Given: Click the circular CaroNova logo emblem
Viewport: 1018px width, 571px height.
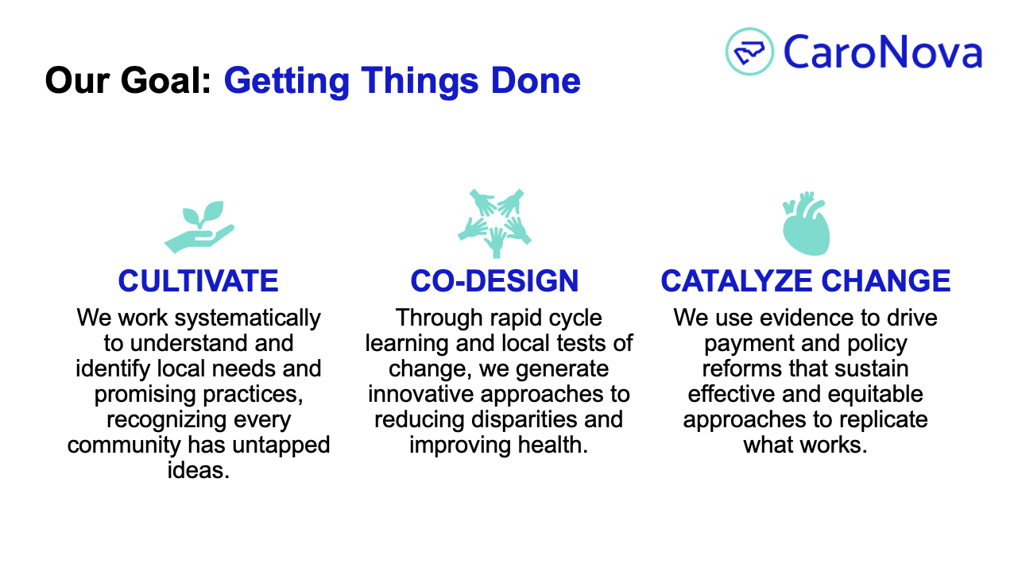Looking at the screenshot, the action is pyautogui.click(x=749, y=52).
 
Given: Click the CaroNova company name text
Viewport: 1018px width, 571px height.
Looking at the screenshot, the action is pyautogui.click(x=883, y=52).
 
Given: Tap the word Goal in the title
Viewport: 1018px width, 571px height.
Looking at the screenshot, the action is pyautogui.click(x=166, y=80).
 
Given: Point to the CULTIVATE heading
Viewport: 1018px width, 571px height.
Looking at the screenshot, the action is pyautogui.click(x=198, y=280).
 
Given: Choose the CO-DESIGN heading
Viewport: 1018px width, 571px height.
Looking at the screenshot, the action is pyautogui.click(x=494, y=280).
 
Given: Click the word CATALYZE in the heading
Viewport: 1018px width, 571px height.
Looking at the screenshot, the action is pyautogui.click(x=736, y=280).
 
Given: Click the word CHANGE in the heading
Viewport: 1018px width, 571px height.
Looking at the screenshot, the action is pyautogui.click(x=886, y=280).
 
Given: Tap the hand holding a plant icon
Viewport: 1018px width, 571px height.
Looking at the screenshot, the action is pyautogui.click(x=199, y=226).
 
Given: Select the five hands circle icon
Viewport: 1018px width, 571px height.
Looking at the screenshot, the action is pyautogui.click(x=495, y=223).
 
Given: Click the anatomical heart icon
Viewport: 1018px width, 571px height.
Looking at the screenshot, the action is pyautogui.click(x=806, y=223).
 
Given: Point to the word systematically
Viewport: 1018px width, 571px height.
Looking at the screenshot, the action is pyautogui.click(x=248, y=318).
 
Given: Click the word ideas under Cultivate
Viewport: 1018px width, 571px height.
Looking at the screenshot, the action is pyautogui.click(x=198, y=470).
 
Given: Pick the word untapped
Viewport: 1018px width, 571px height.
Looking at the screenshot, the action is pyautogui.click(x=281, y=446).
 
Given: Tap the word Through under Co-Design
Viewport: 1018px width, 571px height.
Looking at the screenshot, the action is pyautogui.click(x=437, y=318).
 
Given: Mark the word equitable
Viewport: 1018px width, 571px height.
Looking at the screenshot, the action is pyautogui.click(x=875, y=395).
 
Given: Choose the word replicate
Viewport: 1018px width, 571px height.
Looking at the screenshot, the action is pyautogui.click(x=884, y=420).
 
